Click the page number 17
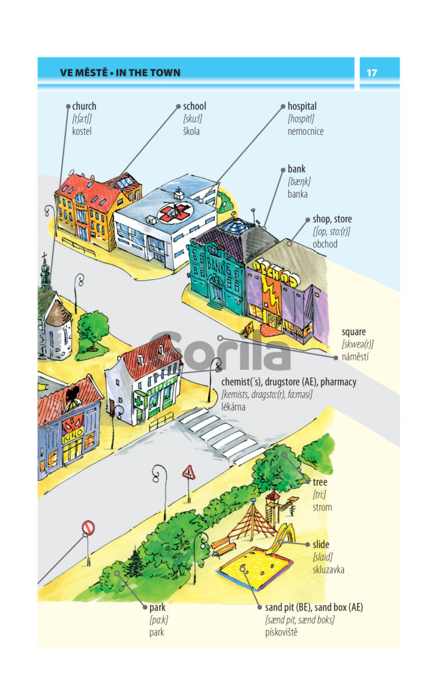(371, 72)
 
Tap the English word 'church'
(84, 106)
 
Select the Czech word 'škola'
(191, 131)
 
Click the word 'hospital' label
(302, 107)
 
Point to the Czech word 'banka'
(298, 194)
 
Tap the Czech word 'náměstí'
(355, 357)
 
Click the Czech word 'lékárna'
(233, 407)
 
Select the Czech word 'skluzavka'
(328, 569)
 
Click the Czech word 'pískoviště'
(281, 632)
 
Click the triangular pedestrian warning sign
(189, 472)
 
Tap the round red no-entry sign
(88, 528)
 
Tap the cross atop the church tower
(44, 256)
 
